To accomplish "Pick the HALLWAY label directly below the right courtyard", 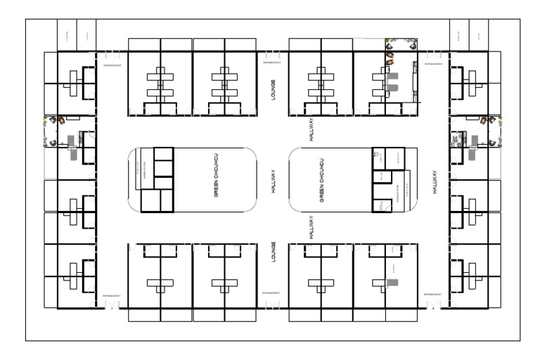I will coord(311,228).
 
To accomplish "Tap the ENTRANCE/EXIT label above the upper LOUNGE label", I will coord(273,63).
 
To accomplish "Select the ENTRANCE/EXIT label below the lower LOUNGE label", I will coord(272,292).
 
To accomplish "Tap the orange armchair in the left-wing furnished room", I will coord(61,120).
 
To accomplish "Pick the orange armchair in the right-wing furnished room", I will coord(484,120).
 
